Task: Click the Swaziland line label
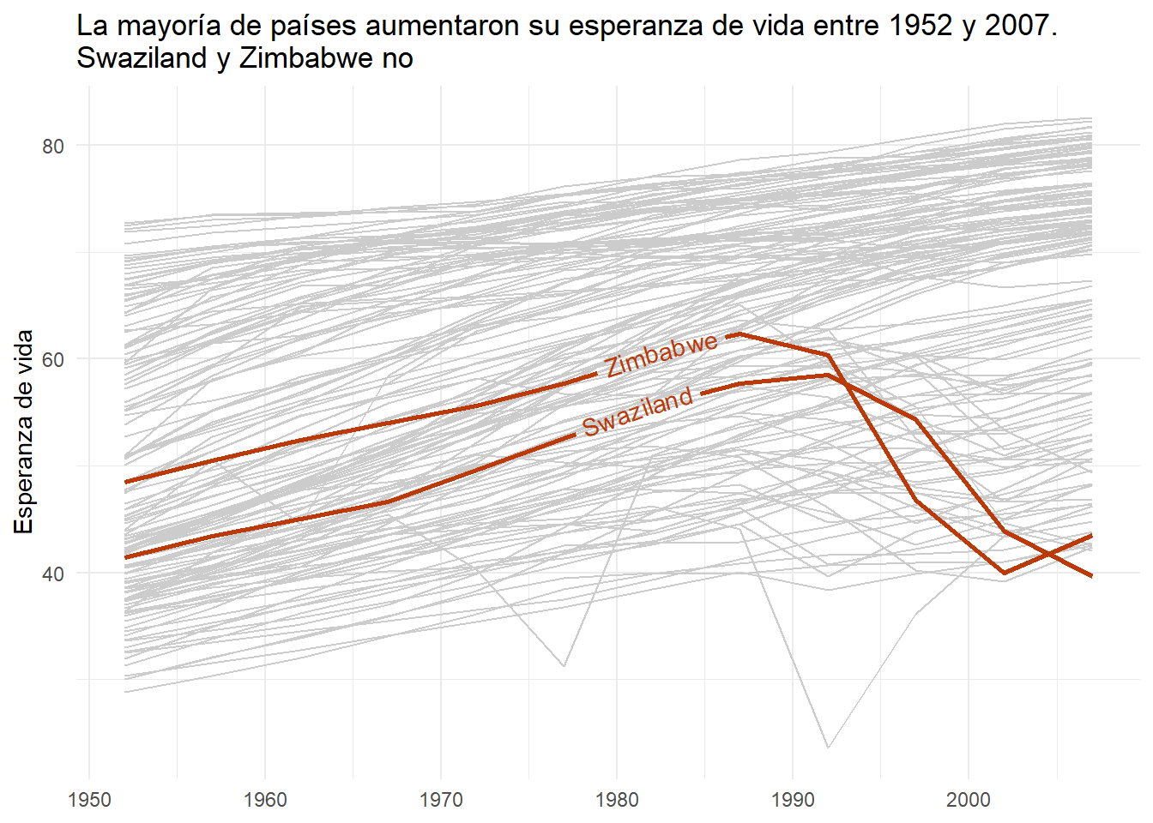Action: coord(637,411)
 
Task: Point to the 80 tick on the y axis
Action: coord(53,146)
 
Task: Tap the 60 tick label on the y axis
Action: coord(53,359)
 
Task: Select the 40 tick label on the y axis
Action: coord(53,574)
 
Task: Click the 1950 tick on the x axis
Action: coord(89,800)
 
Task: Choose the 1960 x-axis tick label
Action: coord(265,800)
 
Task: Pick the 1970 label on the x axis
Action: coord(441,800)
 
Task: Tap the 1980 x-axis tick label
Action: coord(617,800)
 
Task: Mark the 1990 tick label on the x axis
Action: coord(793,800)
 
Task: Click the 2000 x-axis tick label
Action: coord(969,800)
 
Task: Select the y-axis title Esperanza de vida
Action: coord(24,432)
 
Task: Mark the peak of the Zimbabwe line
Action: coord(739,333)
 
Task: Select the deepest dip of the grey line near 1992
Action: coord(828,748)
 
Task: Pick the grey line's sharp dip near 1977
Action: coord(564,666)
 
